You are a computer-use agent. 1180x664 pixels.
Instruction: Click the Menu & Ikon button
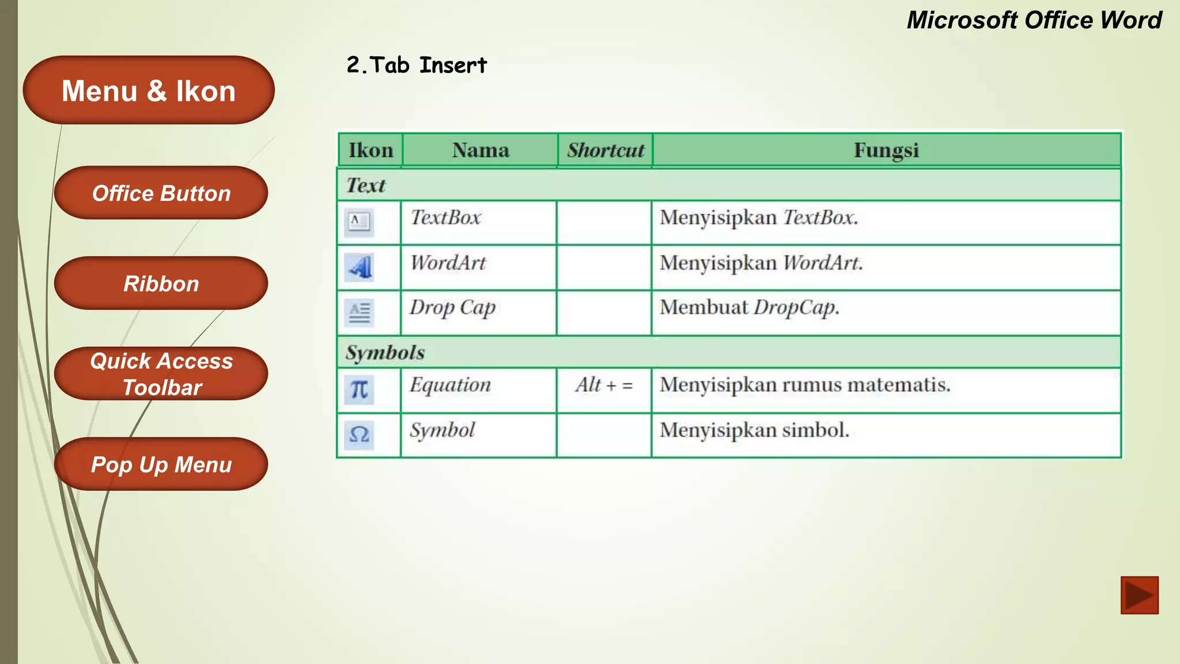(x=149, y=90)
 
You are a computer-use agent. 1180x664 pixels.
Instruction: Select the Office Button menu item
(x=161, y=193)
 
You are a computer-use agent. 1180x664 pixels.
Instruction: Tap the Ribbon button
(x=161, y=284)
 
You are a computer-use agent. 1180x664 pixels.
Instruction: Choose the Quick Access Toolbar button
(x=161, y=374)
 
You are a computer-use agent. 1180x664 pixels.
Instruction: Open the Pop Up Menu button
(x=161, y=465)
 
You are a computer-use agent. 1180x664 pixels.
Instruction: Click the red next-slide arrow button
(x=1139, y=595)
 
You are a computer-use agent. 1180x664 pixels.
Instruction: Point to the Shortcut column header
(x=605, y=150)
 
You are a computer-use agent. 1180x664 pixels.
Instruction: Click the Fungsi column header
(x=886, y=150)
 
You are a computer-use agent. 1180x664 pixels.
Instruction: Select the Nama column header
(x=480, y=150)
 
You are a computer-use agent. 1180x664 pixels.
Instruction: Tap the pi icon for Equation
(x=359, y=390)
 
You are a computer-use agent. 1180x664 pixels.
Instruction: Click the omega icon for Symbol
(x=359, y=435)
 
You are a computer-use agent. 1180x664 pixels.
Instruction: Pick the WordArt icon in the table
(x=359, y=267)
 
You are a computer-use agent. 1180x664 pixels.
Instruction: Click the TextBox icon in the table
(x=359, y=222)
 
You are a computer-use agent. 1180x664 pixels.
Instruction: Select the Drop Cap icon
(x=359, y=312)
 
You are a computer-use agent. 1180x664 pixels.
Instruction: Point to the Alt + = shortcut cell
(x=604, y=385)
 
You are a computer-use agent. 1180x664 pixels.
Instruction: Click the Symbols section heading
(x=385, y=353)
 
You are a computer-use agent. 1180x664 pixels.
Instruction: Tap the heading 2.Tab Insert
(x=417, y=65)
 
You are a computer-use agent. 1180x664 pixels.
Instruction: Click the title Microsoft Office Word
(x=1034, y=20)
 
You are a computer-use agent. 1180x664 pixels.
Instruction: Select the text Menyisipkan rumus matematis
(x=804, y=385)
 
